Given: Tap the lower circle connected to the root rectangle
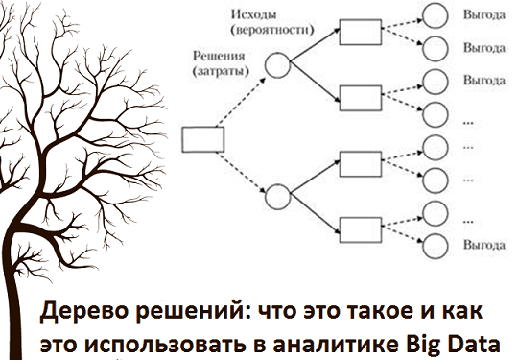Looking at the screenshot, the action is click(277, 197).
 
